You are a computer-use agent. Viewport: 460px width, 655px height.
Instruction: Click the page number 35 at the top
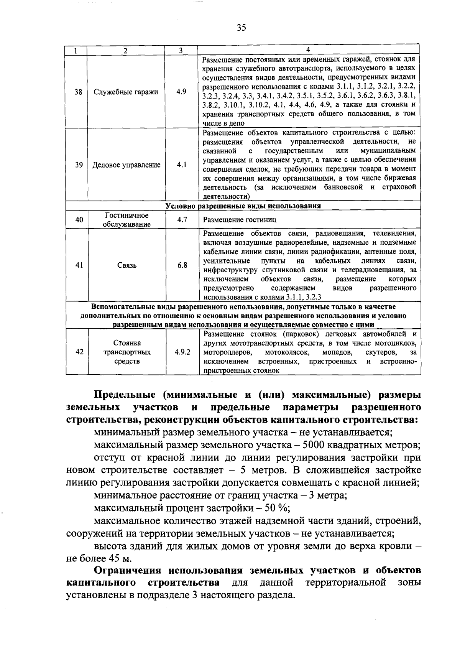(241, 28)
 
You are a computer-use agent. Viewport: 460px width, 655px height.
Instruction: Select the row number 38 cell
(78, 92)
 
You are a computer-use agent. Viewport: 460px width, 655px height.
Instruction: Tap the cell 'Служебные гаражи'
(126, 92)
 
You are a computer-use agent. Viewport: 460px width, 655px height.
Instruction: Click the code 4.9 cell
(181, 92)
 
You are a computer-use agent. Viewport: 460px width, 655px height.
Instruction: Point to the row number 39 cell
(79, 165)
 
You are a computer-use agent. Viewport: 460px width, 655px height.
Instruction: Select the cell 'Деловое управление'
(126, 165)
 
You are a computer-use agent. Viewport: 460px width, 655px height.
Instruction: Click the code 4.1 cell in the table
(181, 165)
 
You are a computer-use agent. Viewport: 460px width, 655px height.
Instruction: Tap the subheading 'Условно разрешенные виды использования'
(243, 206)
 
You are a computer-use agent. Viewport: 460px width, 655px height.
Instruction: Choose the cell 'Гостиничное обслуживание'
(126, 220)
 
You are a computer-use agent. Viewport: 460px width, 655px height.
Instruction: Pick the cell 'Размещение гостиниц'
(239, 220)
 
